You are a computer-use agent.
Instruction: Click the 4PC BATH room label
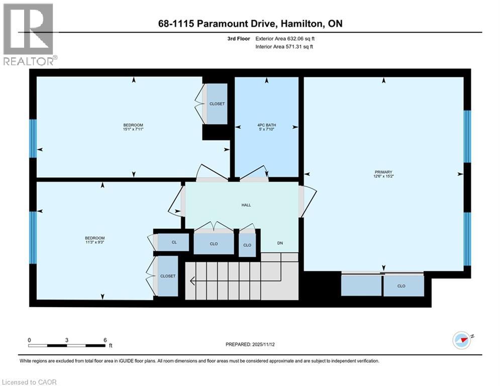pos(267,125)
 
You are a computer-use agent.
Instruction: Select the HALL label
pos(246,205)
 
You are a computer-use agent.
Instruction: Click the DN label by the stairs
pos(281,244)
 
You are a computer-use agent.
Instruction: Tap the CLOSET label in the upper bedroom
pos(217,104)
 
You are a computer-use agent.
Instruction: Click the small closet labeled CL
pos(174,242)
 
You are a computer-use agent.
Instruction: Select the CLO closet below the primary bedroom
pos(401,286)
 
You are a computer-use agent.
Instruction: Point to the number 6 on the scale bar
pos(105,340)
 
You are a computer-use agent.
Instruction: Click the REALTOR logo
pos(29,35)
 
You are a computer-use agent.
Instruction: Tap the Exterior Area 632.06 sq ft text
pos(285,38)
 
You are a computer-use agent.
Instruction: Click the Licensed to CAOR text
pos(29,382)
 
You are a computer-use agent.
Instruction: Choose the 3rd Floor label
pos(239,38)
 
